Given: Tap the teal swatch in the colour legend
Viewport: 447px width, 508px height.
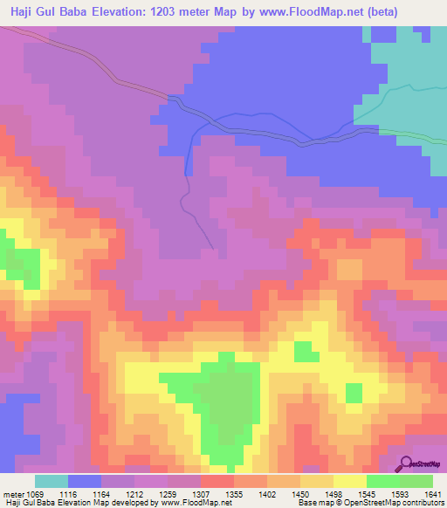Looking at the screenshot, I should tap(52, 481).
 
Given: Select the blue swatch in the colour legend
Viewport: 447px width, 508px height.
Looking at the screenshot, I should tap(85, 481).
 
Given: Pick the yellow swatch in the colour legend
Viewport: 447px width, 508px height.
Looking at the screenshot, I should tap(350, 481).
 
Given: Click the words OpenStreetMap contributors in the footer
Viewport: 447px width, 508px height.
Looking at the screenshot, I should tap(406, 504).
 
